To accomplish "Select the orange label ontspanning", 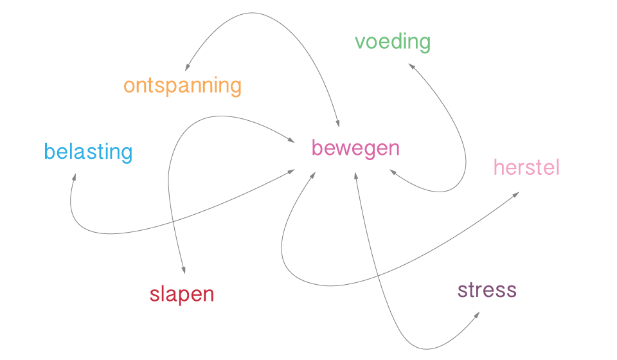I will point(183,85).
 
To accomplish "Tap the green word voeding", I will point(393,42).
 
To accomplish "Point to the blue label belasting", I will point(88,152).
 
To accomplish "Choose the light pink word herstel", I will point(526,168).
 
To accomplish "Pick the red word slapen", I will point(182,295).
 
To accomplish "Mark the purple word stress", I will point(487,291).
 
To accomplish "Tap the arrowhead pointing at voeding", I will point(410,65).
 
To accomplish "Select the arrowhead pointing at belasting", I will point(75,176).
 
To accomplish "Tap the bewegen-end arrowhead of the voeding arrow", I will point(392,172).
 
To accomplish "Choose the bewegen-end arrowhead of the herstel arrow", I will point(313,174).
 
